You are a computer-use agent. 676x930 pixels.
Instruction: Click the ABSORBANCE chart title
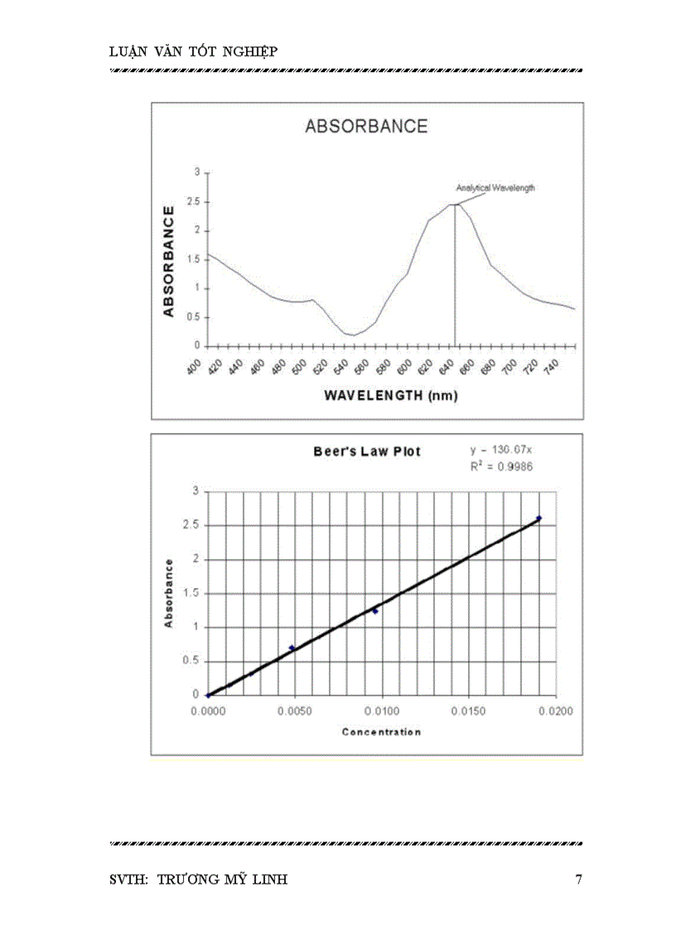[366, 127]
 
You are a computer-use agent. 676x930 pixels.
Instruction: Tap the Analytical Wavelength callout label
[495, 188]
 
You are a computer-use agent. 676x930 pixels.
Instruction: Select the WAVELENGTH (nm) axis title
[391, 395]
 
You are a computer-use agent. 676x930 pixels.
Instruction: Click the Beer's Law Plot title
[367, 451]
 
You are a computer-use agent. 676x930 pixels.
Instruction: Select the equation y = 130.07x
[501, 450]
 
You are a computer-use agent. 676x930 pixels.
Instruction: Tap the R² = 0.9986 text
[501, 467]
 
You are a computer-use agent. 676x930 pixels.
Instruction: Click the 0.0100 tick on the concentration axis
[382, 711]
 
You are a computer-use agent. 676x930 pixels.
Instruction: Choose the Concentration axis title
[381, 732]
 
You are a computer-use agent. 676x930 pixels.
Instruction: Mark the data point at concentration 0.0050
[292, 648]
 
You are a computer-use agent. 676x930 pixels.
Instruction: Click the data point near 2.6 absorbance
[538, 518]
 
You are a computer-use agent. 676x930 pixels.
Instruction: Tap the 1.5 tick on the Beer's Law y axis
[192, 593]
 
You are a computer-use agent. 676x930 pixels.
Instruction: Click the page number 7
[578, 879]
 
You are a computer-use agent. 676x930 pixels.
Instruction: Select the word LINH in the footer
[269, 879]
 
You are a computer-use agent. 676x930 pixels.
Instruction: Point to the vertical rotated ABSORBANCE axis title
[169, 262]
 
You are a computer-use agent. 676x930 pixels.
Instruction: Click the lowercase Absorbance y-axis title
[169, 593]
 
